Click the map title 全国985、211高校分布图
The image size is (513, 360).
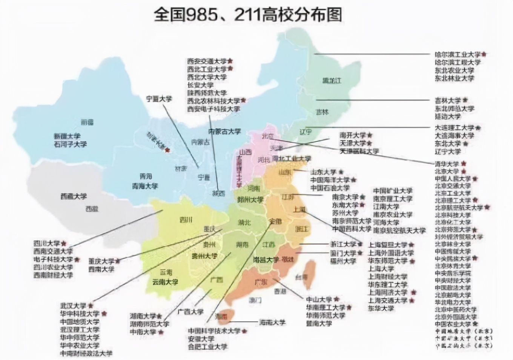click(248, 15)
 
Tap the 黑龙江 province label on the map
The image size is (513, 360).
click(332, 80)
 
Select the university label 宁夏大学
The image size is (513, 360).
click(159, 99)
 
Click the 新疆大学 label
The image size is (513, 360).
click(68, 136)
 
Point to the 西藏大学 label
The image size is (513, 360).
click(74, 196)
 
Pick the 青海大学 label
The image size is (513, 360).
click(145, 186)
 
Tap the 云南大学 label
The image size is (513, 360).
click(165, 282)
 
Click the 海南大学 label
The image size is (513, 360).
click(272, 322)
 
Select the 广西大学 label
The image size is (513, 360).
click(191, 312)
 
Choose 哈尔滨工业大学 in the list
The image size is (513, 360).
click(458, 55)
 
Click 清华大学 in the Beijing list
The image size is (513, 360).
click(447, 164)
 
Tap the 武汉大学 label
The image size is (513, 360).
click(73, 306)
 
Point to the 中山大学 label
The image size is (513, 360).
click(319, 299)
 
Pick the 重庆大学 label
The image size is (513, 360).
click(101, 261)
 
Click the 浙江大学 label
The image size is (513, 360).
click(343, 245)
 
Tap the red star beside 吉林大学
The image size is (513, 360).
click(465, 100)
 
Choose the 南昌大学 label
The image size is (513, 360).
click(266, 260)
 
